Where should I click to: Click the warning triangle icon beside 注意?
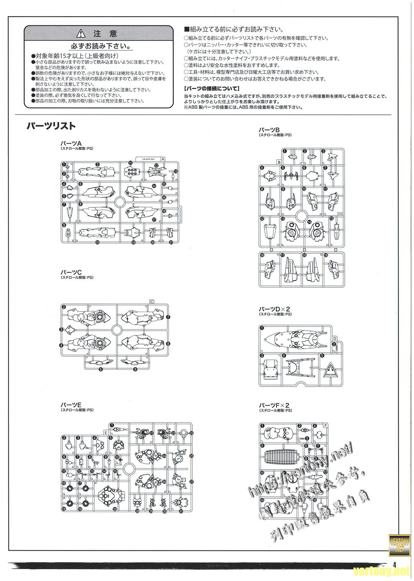(x=81, y=34)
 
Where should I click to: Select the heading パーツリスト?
(x=51, y=126)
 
